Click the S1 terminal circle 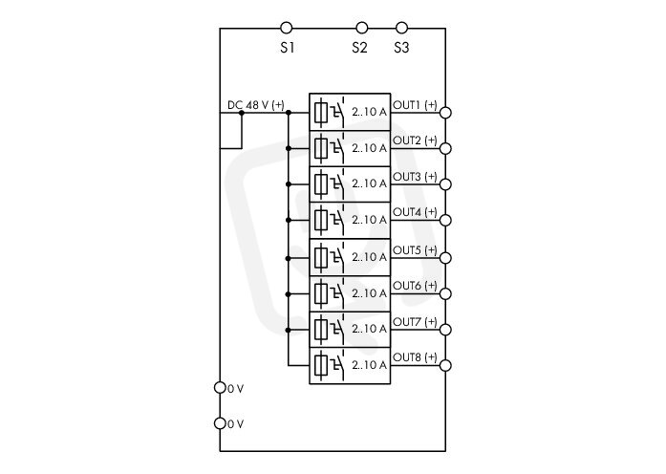click(287, 28)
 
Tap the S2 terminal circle click(362, 28)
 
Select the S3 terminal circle click(401, 28)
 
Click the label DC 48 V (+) click(256, 105)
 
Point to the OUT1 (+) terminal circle click(445, 113)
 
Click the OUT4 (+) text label click(415, 211)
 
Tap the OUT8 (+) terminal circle click(445, 365)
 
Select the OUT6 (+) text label click(415, 286)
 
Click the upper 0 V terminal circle click(220, 387)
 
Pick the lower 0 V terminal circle click(220, 423)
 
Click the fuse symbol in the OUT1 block click(321, 112)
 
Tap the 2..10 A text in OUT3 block click(369, 183)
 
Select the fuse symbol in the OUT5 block click(321, 257)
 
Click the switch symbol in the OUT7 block click(337, 328)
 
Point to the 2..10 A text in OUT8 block click(369, 365)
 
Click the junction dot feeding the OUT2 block click(289, 148)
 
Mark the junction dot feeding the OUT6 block click(289, 294)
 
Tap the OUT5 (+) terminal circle click(445, 258)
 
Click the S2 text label click(359, 48)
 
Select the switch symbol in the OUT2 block click(337, 147)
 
